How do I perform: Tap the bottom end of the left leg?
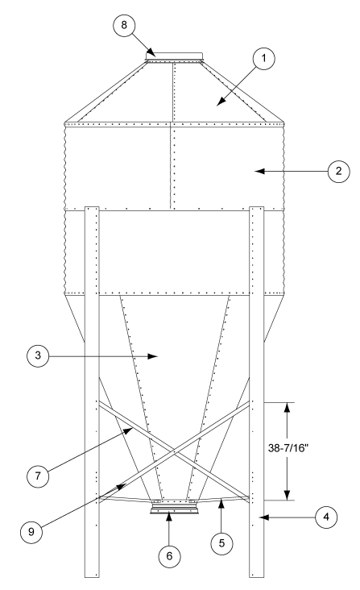click(x=91, y=576)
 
